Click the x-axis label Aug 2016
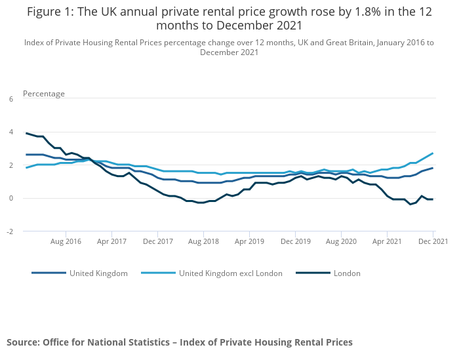66,241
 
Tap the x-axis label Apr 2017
112,241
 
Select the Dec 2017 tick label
158,241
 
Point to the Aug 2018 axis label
203,241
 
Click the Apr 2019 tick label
249,241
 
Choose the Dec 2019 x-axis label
295,241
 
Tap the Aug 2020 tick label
341,241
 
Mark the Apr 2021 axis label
387,241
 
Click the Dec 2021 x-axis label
433,241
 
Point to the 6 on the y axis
10,99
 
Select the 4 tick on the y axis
10,132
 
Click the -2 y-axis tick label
9,231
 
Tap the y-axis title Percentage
44,94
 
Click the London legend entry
346,273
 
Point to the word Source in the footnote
22,342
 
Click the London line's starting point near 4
27,133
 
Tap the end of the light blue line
433,153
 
